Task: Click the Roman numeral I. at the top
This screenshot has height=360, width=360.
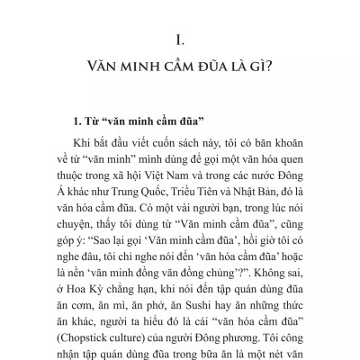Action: [180, 40]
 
